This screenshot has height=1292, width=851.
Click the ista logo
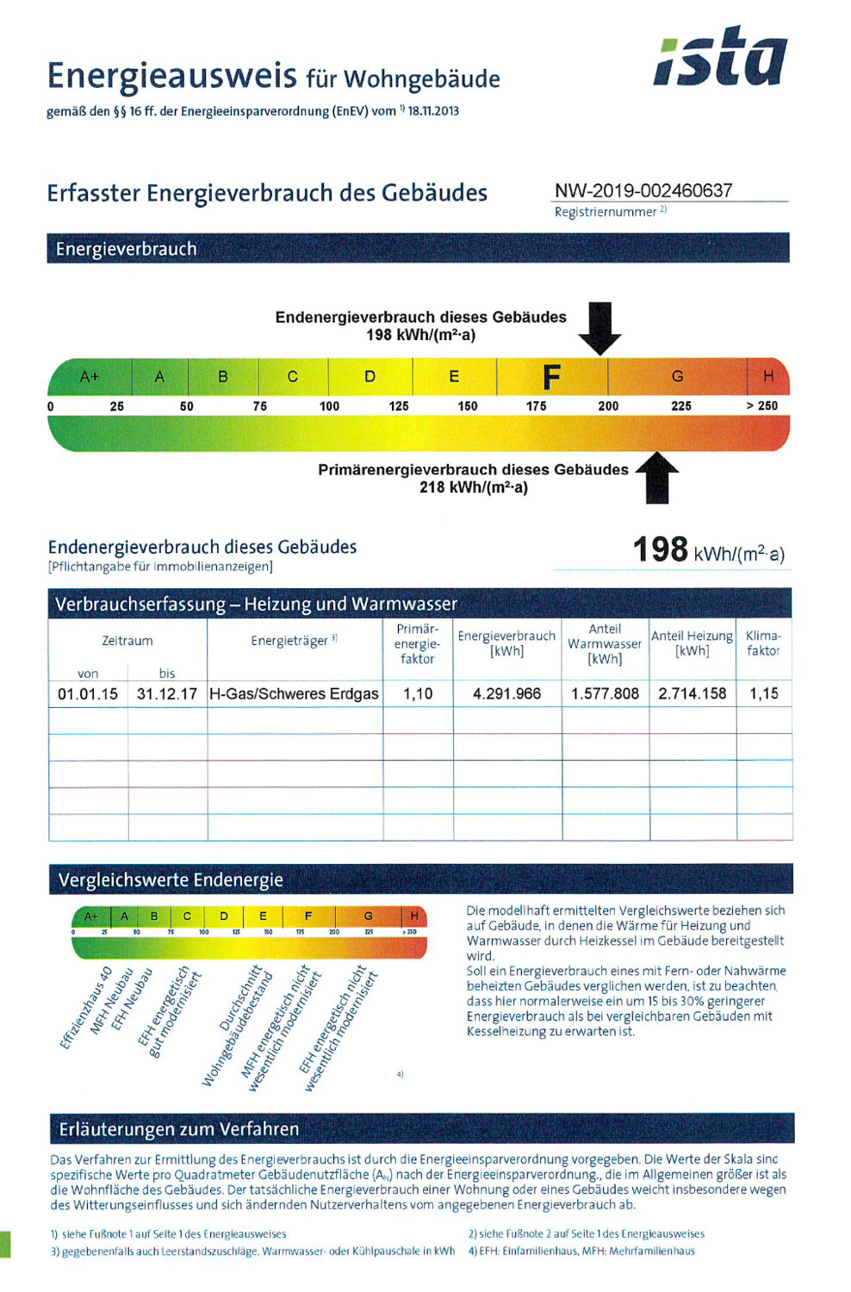point(720,58)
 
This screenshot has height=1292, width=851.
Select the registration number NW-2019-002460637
point(643,190)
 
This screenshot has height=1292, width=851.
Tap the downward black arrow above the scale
point(599,327)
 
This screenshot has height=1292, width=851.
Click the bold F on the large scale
point(551,376)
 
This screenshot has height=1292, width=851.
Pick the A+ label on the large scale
point(90,376)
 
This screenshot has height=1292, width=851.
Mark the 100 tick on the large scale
point(329,406)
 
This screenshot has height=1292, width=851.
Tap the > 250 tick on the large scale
point(761,406)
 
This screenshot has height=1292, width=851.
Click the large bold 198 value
point(661,550)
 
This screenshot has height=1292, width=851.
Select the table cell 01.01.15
point(88,693)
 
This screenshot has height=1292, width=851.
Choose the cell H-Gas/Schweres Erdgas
point(294,693)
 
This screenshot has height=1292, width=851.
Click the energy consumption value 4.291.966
point(506,693)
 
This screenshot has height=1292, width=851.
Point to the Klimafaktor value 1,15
point(763,693)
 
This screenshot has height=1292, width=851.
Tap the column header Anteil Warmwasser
point(605,643)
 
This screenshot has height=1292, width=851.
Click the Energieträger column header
point(294,641)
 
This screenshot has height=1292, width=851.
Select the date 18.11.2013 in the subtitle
point(433,111)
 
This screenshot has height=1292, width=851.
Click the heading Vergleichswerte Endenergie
point(171,880)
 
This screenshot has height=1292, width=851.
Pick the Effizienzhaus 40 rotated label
point(86,1009)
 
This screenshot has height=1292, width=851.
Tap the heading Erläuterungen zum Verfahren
point(179,1129)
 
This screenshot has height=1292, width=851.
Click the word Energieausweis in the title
point(172,76)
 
